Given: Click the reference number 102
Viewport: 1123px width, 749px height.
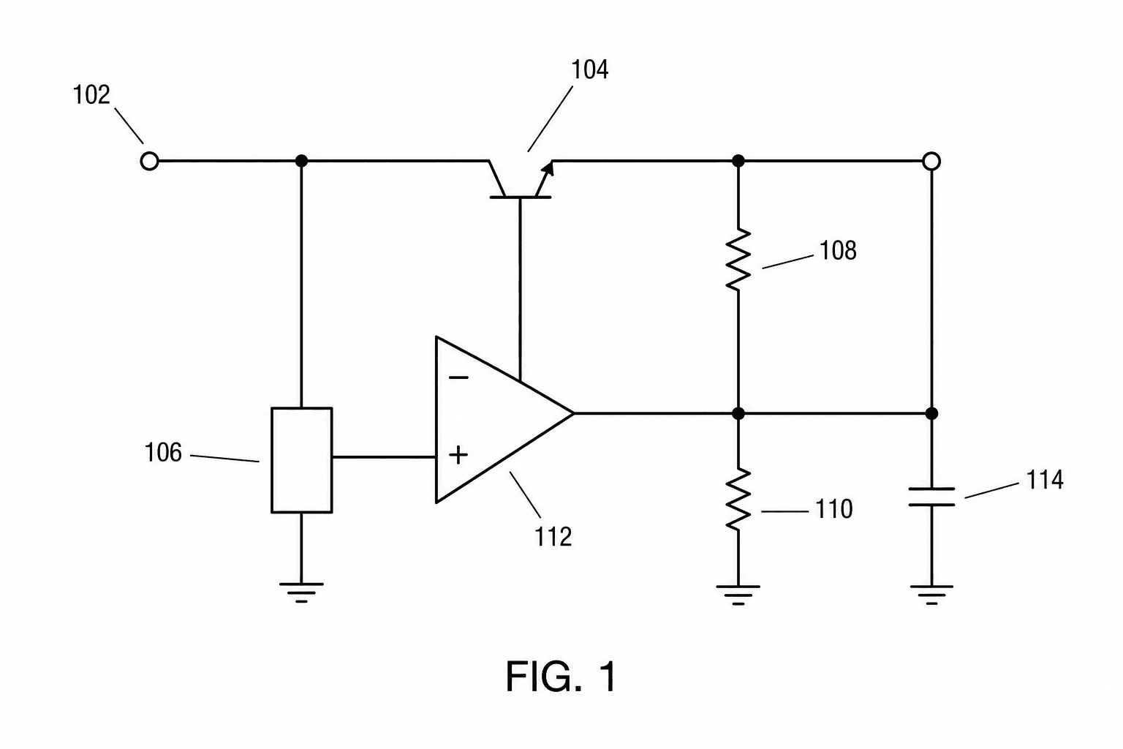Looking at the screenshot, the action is tap(91, 95).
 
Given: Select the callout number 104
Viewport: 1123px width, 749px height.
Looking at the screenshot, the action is tap(590, 69).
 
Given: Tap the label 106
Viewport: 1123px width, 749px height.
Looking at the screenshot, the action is tap(163, 453).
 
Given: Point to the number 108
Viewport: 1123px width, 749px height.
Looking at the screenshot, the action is tap(838, 250).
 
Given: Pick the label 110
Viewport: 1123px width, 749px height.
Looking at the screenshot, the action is tap(834, 509).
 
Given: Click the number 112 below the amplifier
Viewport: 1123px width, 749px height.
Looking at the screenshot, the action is tap(553, 538).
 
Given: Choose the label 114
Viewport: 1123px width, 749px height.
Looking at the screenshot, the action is tap(1045, 480).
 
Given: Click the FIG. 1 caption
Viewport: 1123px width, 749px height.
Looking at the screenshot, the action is tap(561, 677).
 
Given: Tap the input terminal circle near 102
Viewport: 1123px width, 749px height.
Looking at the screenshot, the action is tap(149, 162).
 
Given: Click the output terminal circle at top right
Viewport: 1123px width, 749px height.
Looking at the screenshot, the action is tap(931, 162).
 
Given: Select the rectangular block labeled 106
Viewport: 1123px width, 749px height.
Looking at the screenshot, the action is tap(301, 460).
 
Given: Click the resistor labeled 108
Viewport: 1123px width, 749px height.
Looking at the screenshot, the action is tap(738, 260).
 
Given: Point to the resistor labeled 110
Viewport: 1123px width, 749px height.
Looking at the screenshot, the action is tap(738, 499).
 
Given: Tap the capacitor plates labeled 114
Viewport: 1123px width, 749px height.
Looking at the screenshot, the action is tap(931, 497).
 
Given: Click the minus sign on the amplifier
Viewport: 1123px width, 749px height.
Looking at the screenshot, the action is tap(458, 377).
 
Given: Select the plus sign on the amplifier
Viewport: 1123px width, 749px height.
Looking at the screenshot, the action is tap(458, 455).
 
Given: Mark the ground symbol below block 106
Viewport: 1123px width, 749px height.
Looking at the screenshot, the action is tap(301, 592).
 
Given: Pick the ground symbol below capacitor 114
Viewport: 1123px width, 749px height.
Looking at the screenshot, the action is tap(931, 595).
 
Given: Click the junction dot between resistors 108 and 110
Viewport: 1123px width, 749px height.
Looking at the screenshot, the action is tap(738, 413).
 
